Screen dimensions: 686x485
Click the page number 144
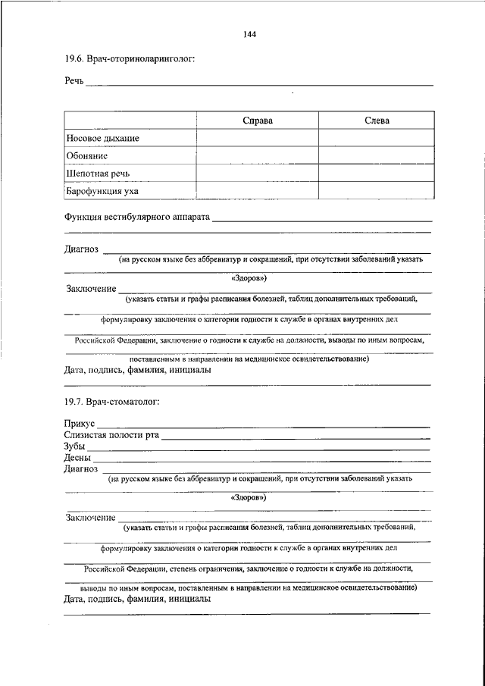pyautogui.click(x=252, y=34)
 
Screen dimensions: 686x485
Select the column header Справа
pyautogui.click(x=258, y=121)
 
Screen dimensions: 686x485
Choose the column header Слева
pyautogui.click(x=377, y=121)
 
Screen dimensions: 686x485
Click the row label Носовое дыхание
pyautogui.click(x=103, y=139)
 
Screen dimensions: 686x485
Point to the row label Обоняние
pyautogui.click(x=87, y=156)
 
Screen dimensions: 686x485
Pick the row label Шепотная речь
pyautogui.click(x=98, y=174)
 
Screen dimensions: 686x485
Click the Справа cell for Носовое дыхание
pyautogui.click(x=258, y=139)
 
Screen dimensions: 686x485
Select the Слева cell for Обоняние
pyautogui.click(x=377, y=156)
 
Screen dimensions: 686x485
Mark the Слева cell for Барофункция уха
pyautogui.click(x=377, y=192)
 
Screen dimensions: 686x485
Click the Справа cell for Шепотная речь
pyautogui.click(x=258, y=174)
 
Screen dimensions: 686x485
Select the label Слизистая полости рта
pyautogui.click(x=111, y=435)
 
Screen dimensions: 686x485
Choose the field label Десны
pyautogui.click(x=78, y=458)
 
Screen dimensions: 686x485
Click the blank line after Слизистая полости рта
pyautogui.click(x=296, y=437)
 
